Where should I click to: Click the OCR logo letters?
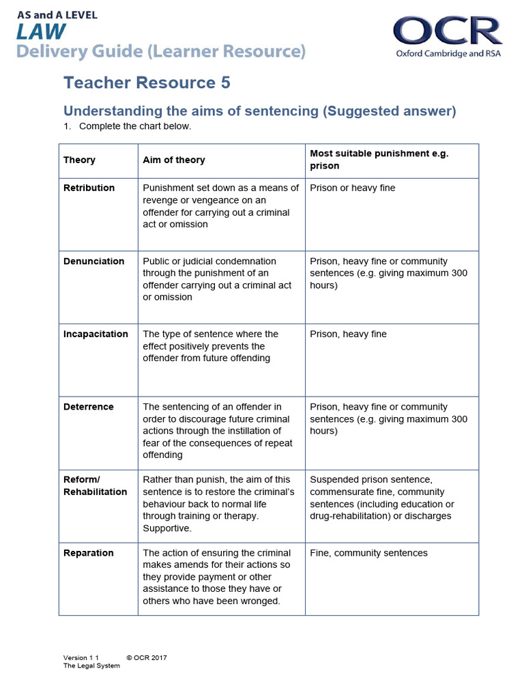(447, 31)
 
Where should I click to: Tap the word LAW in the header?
(42, 31)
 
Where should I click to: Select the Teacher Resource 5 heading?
(147, 83)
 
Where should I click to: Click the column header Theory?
(79, 160)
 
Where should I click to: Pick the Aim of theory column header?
(173, 160)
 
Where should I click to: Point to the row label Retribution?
(89, 188)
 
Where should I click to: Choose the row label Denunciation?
(93, 261)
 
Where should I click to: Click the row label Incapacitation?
(96, 334)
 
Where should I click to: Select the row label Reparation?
(88, 553)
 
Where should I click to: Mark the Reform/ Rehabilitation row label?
(95, 485)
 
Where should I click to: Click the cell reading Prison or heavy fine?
(352, 188)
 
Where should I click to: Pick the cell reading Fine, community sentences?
(368, 553)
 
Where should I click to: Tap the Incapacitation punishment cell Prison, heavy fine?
(348, 334)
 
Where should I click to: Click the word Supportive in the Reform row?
(167, 528)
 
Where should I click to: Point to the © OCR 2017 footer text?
(147, 658)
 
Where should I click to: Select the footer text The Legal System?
(91, 666)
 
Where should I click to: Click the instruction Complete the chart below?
(135, 126)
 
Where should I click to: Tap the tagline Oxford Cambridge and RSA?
(448, 53)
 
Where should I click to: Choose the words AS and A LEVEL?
(57, 14)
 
